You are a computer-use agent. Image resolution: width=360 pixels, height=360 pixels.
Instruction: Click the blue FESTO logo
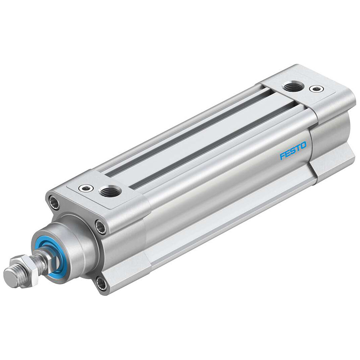click(293, 150)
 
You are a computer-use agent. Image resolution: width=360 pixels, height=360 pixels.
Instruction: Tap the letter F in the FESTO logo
click(282, 156)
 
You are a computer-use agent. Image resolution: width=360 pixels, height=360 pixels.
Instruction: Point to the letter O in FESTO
click(304, 145)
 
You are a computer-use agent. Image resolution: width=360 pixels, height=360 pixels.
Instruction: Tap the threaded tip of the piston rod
click(13, 277)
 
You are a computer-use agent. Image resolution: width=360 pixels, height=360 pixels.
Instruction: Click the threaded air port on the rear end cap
click(293, 88)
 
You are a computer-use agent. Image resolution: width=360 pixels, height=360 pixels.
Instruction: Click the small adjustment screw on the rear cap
click(316, 89)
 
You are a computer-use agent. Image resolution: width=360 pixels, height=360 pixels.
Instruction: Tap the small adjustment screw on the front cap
click(86, 188)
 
